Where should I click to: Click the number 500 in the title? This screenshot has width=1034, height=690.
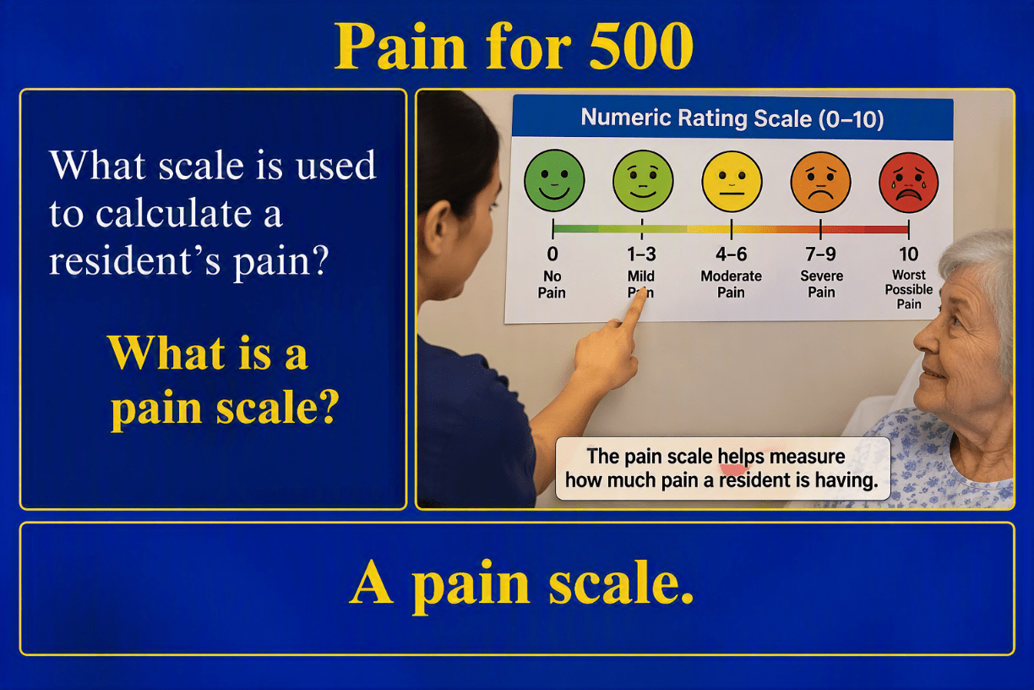(x=640, y=47)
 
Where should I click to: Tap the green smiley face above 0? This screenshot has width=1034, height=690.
(x=554, y=180)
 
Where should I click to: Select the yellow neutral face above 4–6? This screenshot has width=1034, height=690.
(x=732, y=182)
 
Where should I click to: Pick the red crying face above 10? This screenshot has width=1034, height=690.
(x=908, y=183)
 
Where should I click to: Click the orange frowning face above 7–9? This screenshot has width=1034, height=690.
(x=821, y=182)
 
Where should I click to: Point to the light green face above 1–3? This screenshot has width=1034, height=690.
(x=643, y=181)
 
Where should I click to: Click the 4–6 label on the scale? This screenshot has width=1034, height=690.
(x=732, y=255)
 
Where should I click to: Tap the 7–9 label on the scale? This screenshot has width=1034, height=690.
(x=821, y=255)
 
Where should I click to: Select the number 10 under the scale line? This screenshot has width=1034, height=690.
(x=908, y=255)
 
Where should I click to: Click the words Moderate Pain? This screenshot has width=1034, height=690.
(x=732, y=284)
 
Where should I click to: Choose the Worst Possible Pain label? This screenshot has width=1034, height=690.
(x=909, y=289)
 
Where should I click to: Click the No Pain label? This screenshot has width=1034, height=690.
(x=552, y=284)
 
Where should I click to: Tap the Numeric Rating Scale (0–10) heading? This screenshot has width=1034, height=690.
(x=732, y=118)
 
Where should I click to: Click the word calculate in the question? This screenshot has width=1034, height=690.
(x=173, y=214)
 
